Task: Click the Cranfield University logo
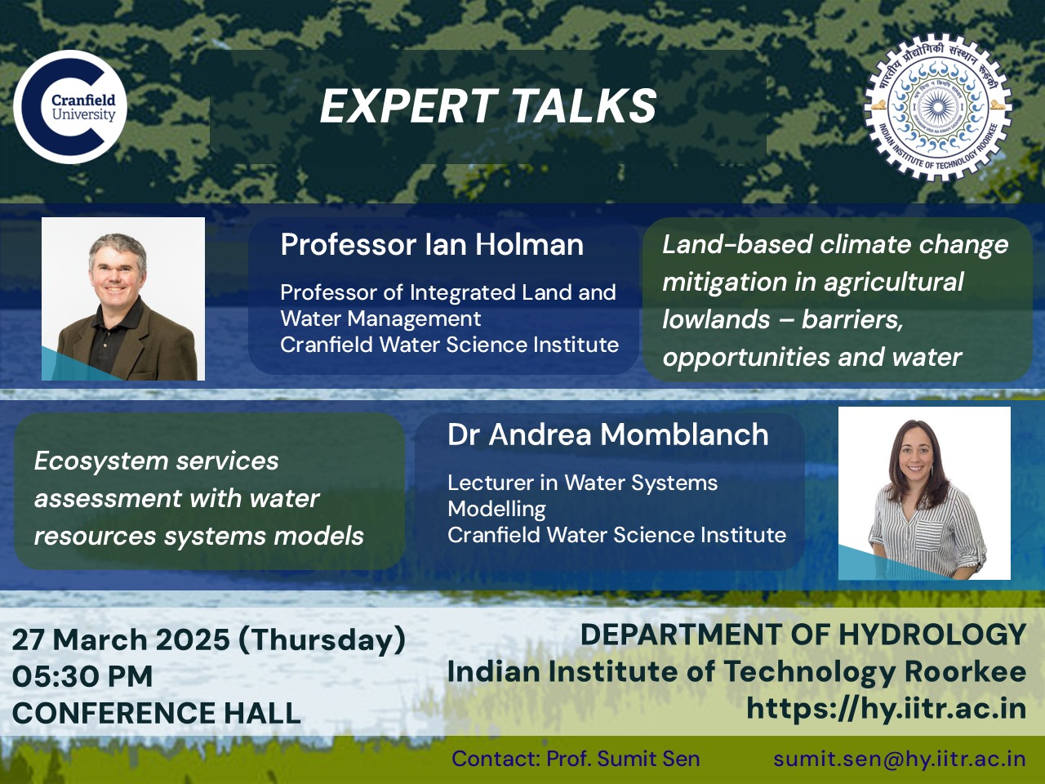70,107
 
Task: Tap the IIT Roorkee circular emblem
937,109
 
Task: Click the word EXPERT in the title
408,106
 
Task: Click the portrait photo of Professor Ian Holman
123,299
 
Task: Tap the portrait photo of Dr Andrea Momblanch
924,493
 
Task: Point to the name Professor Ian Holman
432,245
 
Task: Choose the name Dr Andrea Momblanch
608,434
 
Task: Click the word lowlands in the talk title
715,319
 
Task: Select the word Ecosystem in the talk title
102,461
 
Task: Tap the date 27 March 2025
121,639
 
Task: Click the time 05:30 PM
82,676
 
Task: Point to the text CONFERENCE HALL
157,713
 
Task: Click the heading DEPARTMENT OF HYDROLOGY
803,635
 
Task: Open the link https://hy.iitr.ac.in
886,708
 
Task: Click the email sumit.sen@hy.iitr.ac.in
900,759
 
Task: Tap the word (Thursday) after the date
322,640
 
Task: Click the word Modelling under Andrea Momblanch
496,509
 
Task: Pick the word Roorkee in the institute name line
964,671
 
